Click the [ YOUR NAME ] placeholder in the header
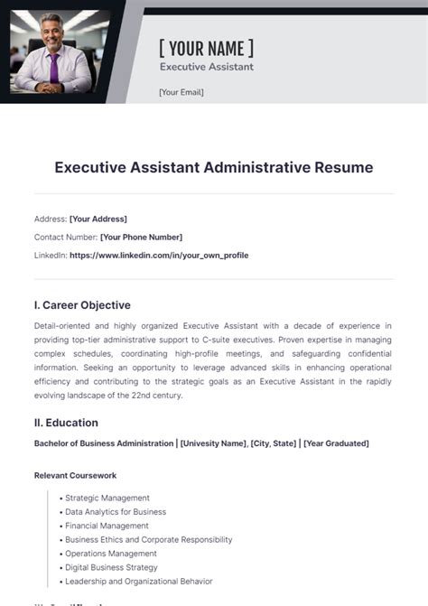tap(206, 48)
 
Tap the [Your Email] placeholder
tap(181, 92)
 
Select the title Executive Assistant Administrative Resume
tap(213, 167)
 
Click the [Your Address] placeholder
tap(98, 219)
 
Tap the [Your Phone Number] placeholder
tap(141, 237)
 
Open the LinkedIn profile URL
tap(159, 256)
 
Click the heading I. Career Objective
tap(82, 305)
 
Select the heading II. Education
tap(66, 423)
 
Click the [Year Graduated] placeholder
tap(336, 443)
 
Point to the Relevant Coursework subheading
tap(75, 475)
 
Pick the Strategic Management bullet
tap(107, 498)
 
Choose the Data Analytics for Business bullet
tap(116, 512)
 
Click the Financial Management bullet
tap(107, 526)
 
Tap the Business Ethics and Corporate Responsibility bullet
tap(148, 540)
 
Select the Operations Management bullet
tap(111, 554)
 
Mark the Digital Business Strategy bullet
tap(111, 567)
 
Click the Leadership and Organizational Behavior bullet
tap(135, 582)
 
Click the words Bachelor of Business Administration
tap(104, 443)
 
